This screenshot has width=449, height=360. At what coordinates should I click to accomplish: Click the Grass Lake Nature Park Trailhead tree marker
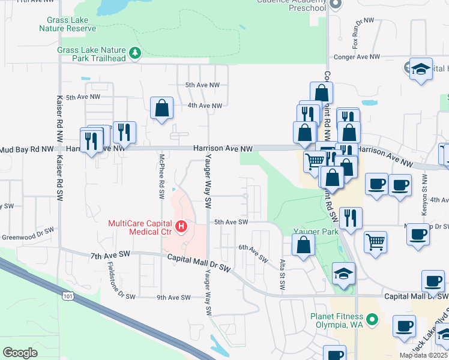(136, 53)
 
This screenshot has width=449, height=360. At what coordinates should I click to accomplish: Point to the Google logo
(20, 352)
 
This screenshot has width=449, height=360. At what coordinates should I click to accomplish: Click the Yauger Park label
(312, 231)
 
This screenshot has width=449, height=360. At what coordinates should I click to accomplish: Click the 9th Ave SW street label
(173, 298)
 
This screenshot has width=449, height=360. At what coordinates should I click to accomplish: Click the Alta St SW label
(282, 268)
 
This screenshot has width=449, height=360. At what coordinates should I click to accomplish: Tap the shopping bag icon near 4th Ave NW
(161, 107)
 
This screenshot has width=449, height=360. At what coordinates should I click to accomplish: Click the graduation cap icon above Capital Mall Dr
(343, 274)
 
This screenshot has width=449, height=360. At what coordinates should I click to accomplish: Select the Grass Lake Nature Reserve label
(68, 23)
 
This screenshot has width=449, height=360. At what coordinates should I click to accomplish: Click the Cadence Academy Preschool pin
(336, 5)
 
